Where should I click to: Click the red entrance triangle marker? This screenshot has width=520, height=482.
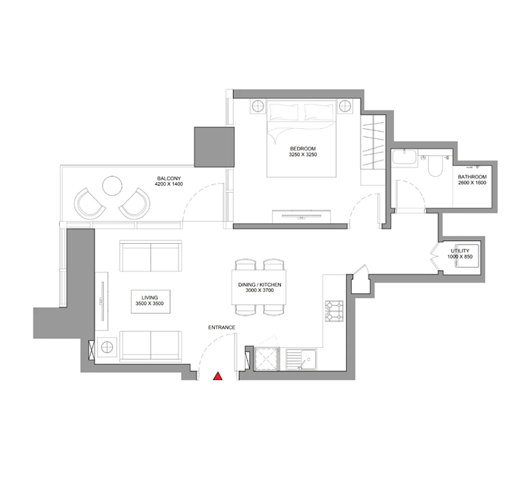(x=218, y=376)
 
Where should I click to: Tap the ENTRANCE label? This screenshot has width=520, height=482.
(x=221, y=328)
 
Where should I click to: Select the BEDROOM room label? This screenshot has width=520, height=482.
(x=303, y=149)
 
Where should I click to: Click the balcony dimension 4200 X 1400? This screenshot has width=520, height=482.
(x=169, y=184)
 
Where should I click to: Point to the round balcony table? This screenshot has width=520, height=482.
(x=112, y=186)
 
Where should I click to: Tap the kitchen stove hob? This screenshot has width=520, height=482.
(x=334, y=311)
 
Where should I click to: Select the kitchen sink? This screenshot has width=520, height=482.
(x=301, y=360)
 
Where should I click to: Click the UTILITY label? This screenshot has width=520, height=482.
(x=460, y=251)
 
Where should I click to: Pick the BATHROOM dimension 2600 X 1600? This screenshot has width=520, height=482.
(x=472, y=183)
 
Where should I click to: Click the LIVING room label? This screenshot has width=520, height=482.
(x=149, y=298)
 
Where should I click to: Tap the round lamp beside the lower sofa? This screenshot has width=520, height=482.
(x=107, y=347)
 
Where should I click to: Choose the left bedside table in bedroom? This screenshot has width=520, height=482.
(x=257, y=106)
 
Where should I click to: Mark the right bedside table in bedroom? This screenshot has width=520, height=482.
(x=345, y=106)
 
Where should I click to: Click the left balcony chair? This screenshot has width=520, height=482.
(x=89, y=204)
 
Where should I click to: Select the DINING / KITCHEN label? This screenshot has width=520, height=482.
(x=260, y=285)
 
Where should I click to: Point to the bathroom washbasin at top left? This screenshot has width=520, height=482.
(x=404, y=157)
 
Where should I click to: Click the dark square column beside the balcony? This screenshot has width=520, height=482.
(x=214, y=147)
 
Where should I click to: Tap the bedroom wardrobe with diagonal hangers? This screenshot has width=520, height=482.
(x=373, y=142)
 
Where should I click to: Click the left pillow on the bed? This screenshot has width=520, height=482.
(x=284, y=111)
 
